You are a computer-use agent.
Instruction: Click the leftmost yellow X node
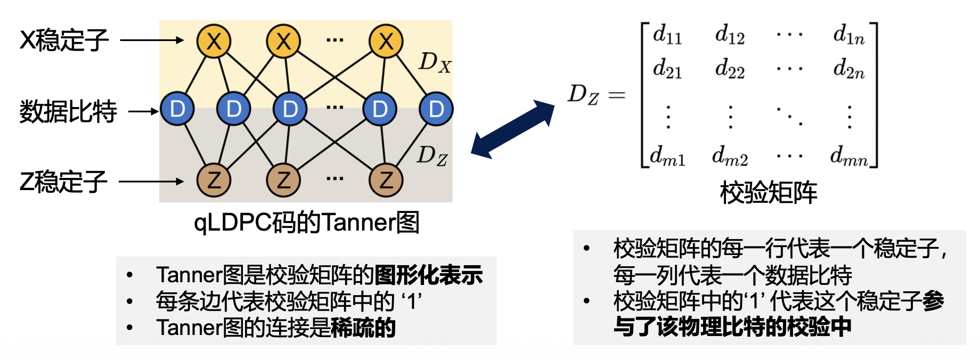click(x=214, y=41)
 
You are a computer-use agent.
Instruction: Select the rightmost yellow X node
click(x=386, y=41)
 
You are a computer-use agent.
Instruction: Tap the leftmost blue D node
click(x=177, y=109)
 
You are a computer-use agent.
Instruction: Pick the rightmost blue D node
click(x=436, y=109)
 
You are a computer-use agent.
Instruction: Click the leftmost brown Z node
click(x=214, y=181)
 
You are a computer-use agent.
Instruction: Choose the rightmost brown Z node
click(x=386, y=181)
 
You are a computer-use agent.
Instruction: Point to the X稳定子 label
click(x=64, y=40)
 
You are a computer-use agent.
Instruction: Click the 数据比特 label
click(x=68, y=112)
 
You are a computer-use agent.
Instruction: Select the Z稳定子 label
click(x=63, y=182)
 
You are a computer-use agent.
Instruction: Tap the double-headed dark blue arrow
click(x=513, y=129)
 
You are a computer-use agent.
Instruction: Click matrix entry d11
click(x=667, y=35)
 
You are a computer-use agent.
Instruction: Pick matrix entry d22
click(x=730, y=69)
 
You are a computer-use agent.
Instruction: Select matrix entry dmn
click(x=849, y=156)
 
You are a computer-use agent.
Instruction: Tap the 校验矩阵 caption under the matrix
click(x=768, y=193)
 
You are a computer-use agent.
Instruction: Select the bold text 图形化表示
click(x=429, y=275)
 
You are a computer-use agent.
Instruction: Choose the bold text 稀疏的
click(x=363, y=328)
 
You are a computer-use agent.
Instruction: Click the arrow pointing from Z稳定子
click(x=151, y=182)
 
